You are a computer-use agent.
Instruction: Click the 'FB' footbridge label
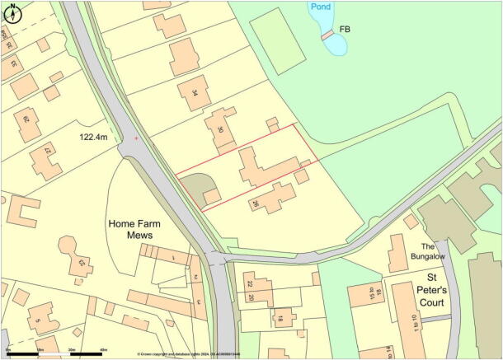(x=345, y=30)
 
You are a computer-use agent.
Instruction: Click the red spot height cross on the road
(x=137, y=138)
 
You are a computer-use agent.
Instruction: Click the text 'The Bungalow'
(x=428, y=251)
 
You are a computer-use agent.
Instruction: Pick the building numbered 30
(x=221, y=129)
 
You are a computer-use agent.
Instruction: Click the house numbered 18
(x=283, y=318)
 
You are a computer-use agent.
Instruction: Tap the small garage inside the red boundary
(x=212, y=196)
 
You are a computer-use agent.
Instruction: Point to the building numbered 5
(x=40, y=316)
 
